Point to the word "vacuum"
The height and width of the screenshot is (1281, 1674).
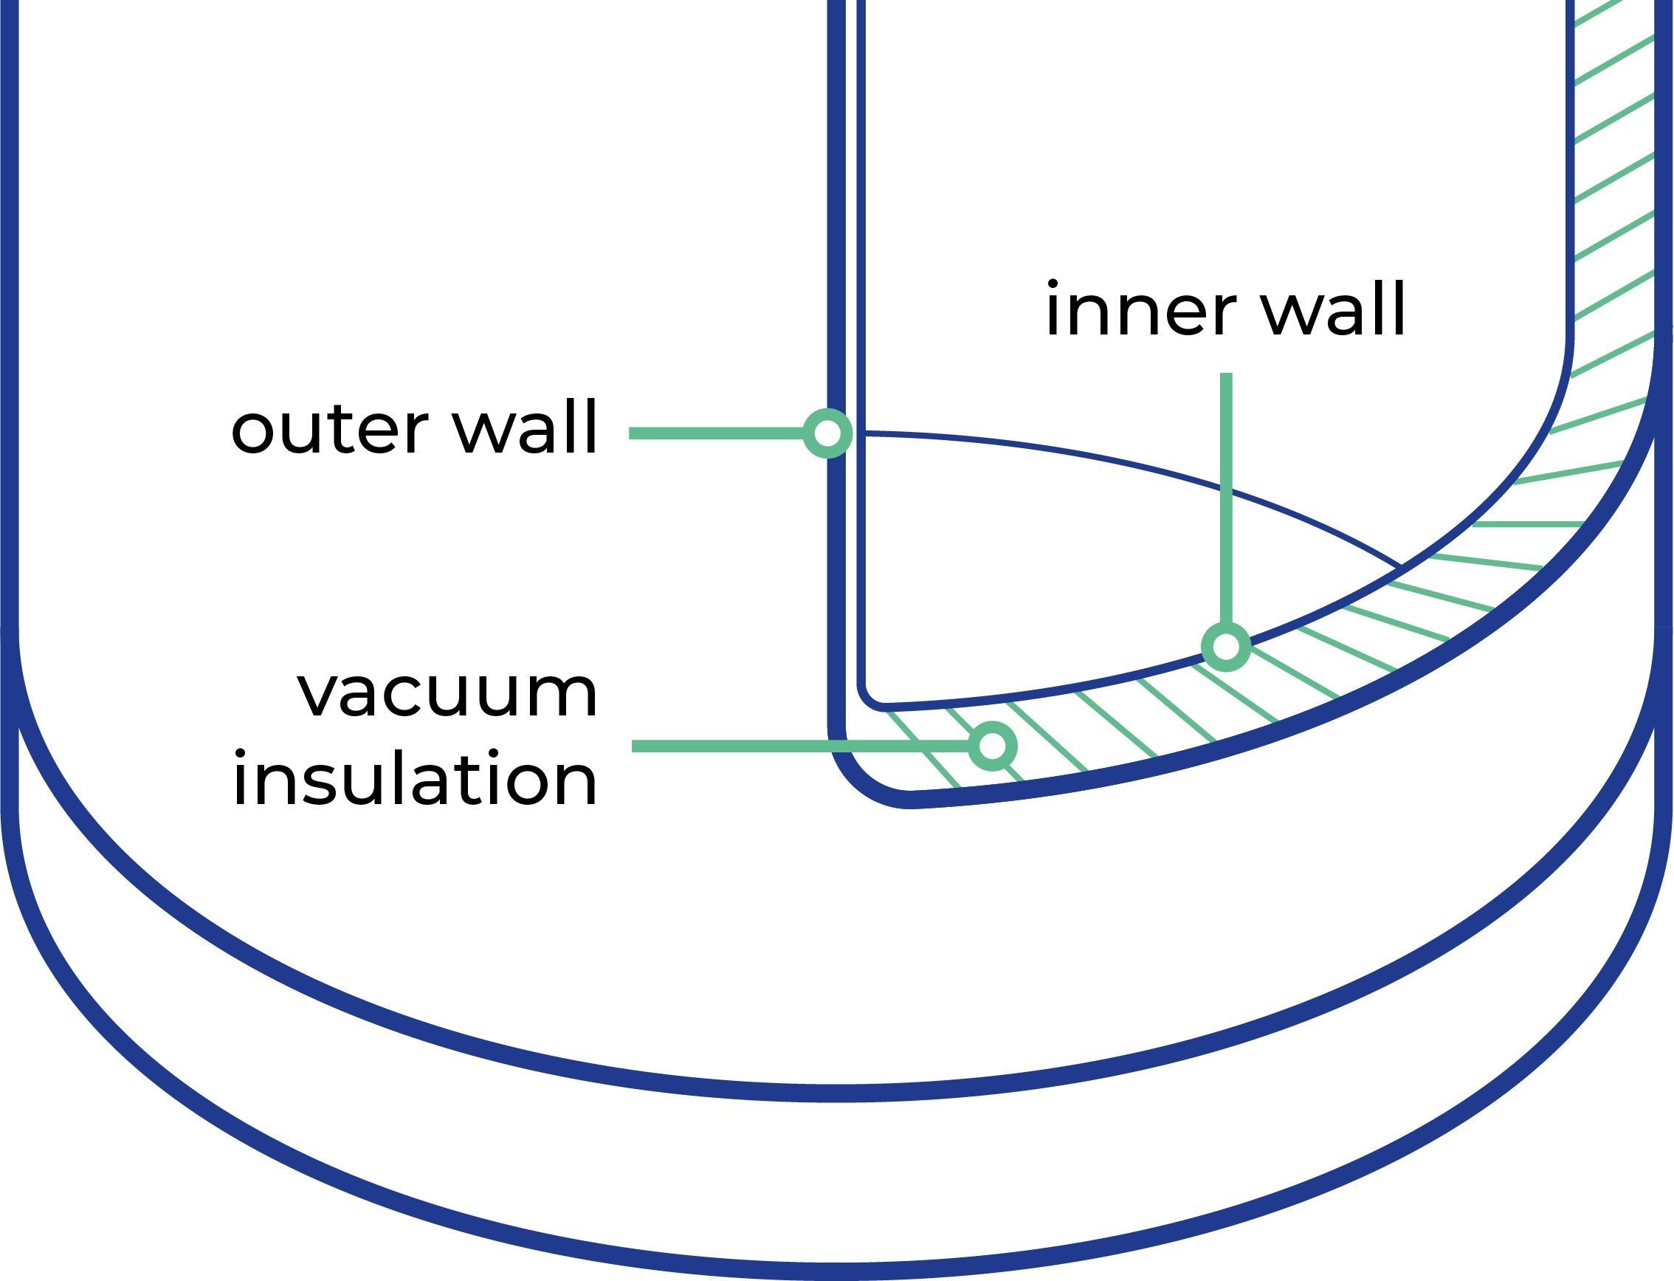click(x=447, y=693)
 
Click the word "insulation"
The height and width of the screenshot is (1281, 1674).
click(x=415, y=777)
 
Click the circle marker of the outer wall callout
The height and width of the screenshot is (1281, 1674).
click(x=828, y=433)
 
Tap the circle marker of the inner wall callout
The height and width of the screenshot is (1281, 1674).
click(x=1226, y=648)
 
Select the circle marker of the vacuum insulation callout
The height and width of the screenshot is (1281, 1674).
click(x=993, y=745)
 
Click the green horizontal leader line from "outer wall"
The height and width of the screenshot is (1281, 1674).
click(x=717, y=433)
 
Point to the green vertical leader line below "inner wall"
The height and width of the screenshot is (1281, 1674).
click(x=1227, y=498)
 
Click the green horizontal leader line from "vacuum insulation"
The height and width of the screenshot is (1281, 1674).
click(x=801, y=746)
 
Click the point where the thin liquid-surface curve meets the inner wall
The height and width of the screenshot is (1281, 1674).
click(x=1399, y=565)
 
